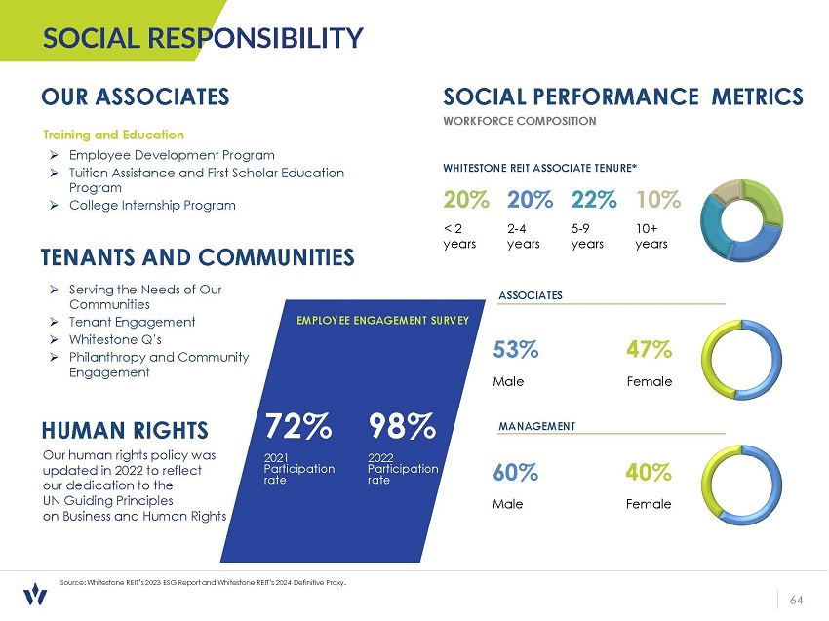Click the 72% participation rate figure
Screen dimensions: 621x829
click(298, 426)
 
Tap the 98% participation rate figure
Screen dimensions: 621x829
click(402, 426)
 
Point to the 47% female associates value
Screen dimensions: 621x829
click(649, 349)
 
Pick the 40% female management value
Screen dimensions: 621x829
click(649, 473)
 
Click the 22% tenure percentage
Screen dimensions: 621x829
click(594, 200)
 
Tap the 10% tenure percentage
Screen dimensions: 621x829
click(657, 200)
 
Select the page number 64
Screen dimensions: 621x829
click(796, 599)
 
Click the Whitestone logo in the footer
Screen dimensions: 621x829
click(35, 594)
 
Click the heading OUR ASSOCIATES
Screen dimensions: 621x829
click(136, 97)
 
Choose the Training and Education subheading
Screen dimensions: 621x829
click(113, 135)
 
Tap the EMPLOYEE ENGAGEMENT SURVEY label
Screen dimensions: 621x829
click(383, 320)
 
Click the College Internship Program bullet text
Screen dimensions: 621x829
click(152, 205)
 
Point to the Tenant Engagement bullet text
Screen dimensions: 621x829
click(133, 322)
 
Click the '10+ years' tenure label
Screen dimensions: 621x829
click(651, 236)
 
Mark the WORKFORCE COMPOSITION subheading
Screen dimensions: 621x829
click(519, 121)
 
